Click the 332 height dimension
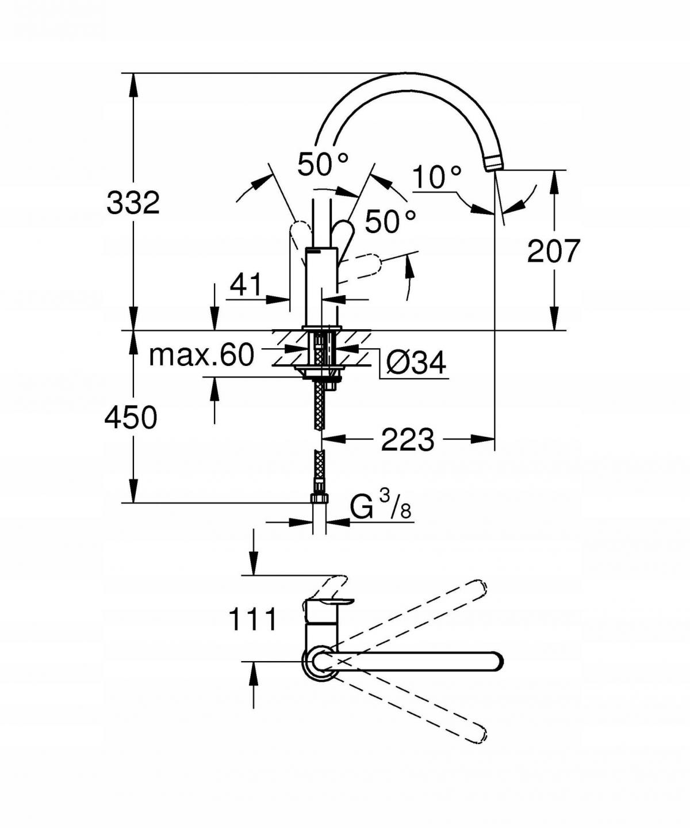(133, 203)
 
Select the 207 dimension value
(554, 251)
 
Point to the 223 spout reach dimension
(408, 440)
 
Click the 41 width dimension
(246, 284)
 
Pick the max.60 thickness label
(201, 355)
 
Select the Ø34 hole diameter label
(416, 363)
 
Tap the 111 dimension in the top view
(253, 620)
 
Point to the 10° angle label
(437, 177)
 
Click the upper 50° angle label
(323, 165)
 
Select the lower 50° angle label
(390, 222)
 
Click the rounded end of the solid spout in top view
(495, 661)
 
